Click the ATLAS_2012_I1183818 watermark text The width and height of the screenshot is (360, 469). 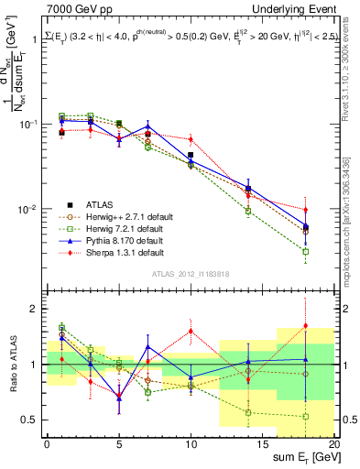point(190,273)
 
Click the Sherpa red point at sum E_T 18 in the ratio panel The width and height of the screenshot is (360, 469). point(306,325)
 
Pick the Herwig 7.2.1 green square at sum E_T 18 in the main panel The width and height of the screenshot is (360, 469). point(306,251)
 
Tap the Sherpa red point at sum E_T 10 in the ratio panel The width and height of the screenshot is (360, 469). point(191,331)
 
